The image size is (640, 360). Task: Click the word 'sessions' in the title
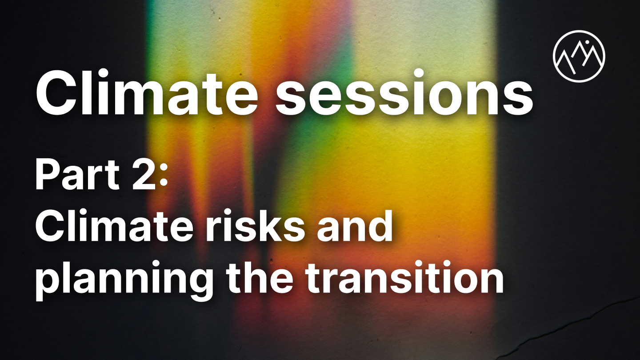[404, 93]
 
